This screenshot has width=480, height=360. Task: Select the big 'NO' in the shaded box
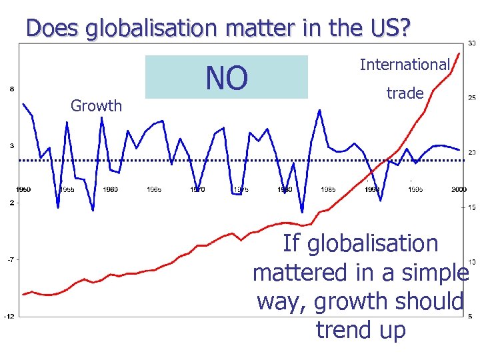[x=227, y=77]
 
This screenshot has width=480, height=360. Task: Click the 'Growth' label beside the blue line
[x=97, y=105]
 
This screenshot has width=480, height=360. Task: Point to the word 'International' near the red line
[x=405, y=65]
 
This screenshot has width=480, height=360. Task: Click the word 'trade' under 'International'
[x=405, y=93]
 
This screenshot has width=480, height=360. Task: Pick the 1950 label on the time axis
[x=23, y=190]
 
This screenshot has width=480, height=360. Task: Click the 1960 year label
[x=110, y=190]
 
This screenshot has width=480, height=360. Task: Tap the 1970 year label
[x=197, y=190]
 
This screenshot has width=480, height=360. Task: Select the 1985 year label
[x=328, y=190]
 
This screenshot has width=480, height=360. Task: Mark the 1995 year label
[x=415, y=190]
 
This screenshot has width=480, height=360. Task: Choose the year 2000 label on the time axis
[x=458, y=190]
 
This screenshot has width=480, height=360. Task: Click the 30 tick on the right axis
[x=471, y=44]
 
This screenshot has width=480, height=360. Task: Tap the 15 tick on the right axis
[x=471, y=208]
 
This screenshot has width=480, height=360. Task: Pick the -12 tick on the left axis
[x=10, y=317]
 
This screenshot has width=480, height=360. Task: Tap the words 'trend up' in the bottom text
[x=361, y=329]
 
